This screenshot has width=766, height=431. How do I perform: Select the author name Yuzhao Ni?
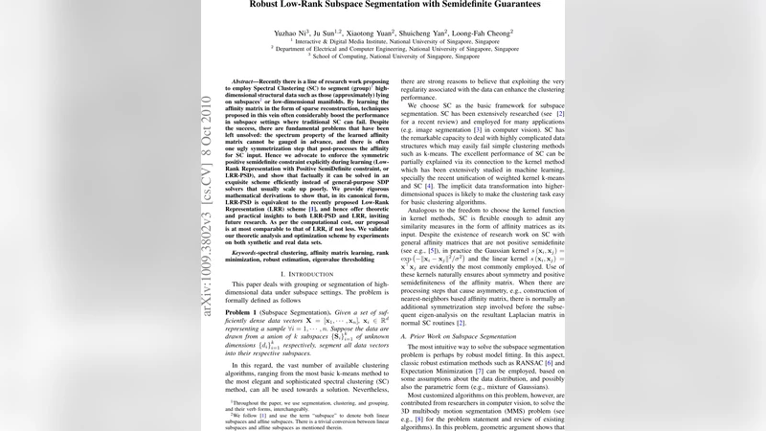[290, 32]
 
